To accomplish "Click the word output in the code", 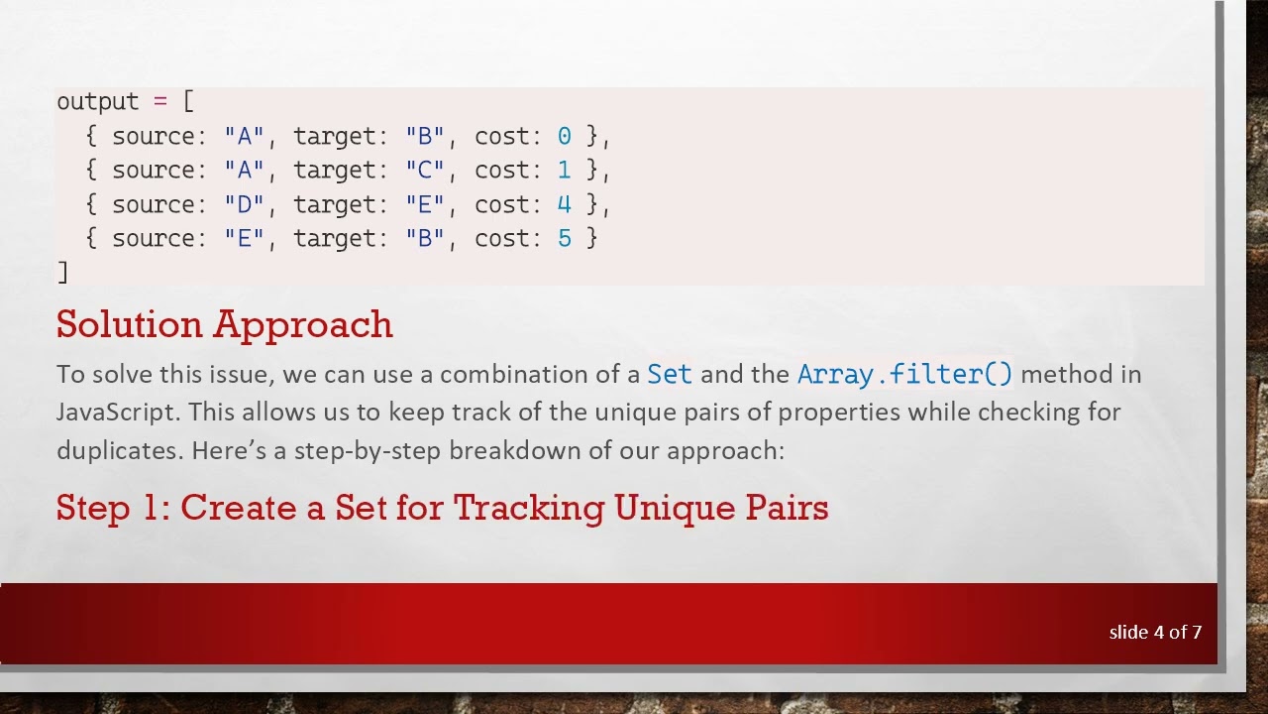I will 97,102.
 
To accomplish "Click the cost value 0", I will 564,136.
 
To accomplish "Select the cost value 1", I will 564,171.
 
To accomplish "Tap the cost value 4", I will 564,204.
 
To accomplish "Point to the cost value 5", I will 564,238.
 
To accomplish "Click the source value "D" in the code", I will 245,204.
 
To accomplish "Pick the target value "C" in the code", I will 425,171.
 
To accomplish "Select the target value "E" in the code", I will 425,204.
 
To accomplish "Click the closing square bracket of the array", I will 62,272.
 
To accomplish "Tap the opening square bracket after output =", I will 188,102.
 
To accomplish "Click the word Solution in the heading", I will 129,324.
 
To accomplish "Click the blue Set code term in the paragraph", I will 670,374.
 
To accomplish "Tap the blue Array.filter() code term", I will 904,374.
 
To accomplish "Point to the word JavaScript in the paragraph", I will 118,413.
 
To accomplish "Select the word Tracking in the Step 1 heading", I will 528,508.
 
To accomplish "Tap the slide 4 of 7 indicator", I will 1155,632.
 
